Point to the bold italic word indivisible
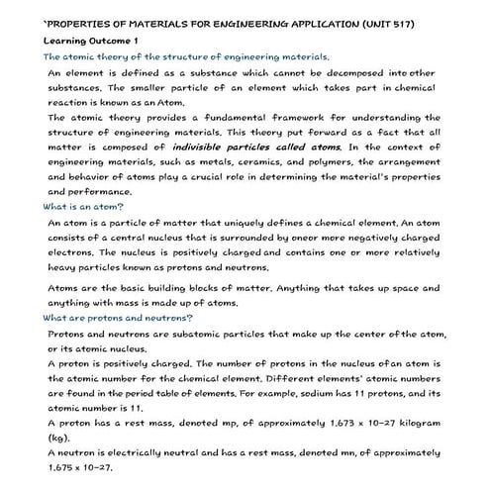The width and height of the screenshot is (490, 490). (218, 147)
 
